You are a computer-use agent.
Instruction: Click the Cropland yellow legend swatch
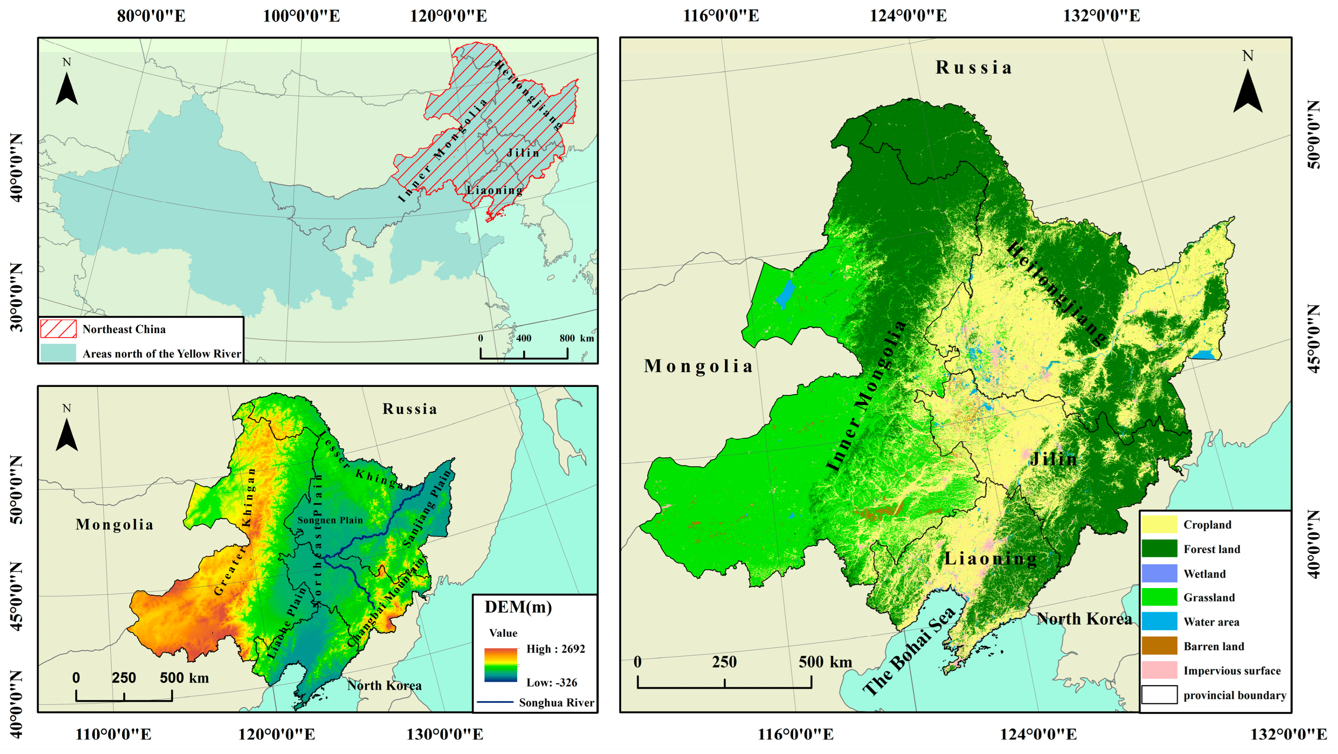click(1159, 524)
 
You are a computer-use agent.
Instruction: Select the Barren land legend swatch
click(1159, 646)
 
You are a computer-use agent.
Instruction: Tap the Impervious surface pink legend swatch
click(1159, 670)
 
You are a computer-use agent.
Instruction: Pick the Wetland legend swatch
click(1159, 573)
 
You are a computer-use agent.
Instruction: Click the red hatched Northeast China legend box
click(58, 329)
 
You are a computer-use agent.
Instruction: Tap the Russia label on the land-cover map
click(973, 68)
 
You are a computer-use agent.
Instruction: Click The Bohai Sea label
click(909, 652)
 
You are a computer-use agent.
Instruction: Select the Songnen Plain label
click(330, 520)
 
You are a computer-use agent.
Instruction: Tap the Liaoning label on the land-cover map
click(990, 559)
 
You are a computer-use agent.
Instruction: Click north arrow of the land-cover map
click(1248, 91)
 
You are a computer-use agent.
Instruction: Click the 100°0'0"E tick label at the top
click(301, 16)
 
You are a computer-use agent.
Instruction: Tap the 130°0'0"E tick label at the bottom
click(444, 734)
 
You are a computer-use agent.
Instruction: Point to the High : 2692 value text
click(555, 649)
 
